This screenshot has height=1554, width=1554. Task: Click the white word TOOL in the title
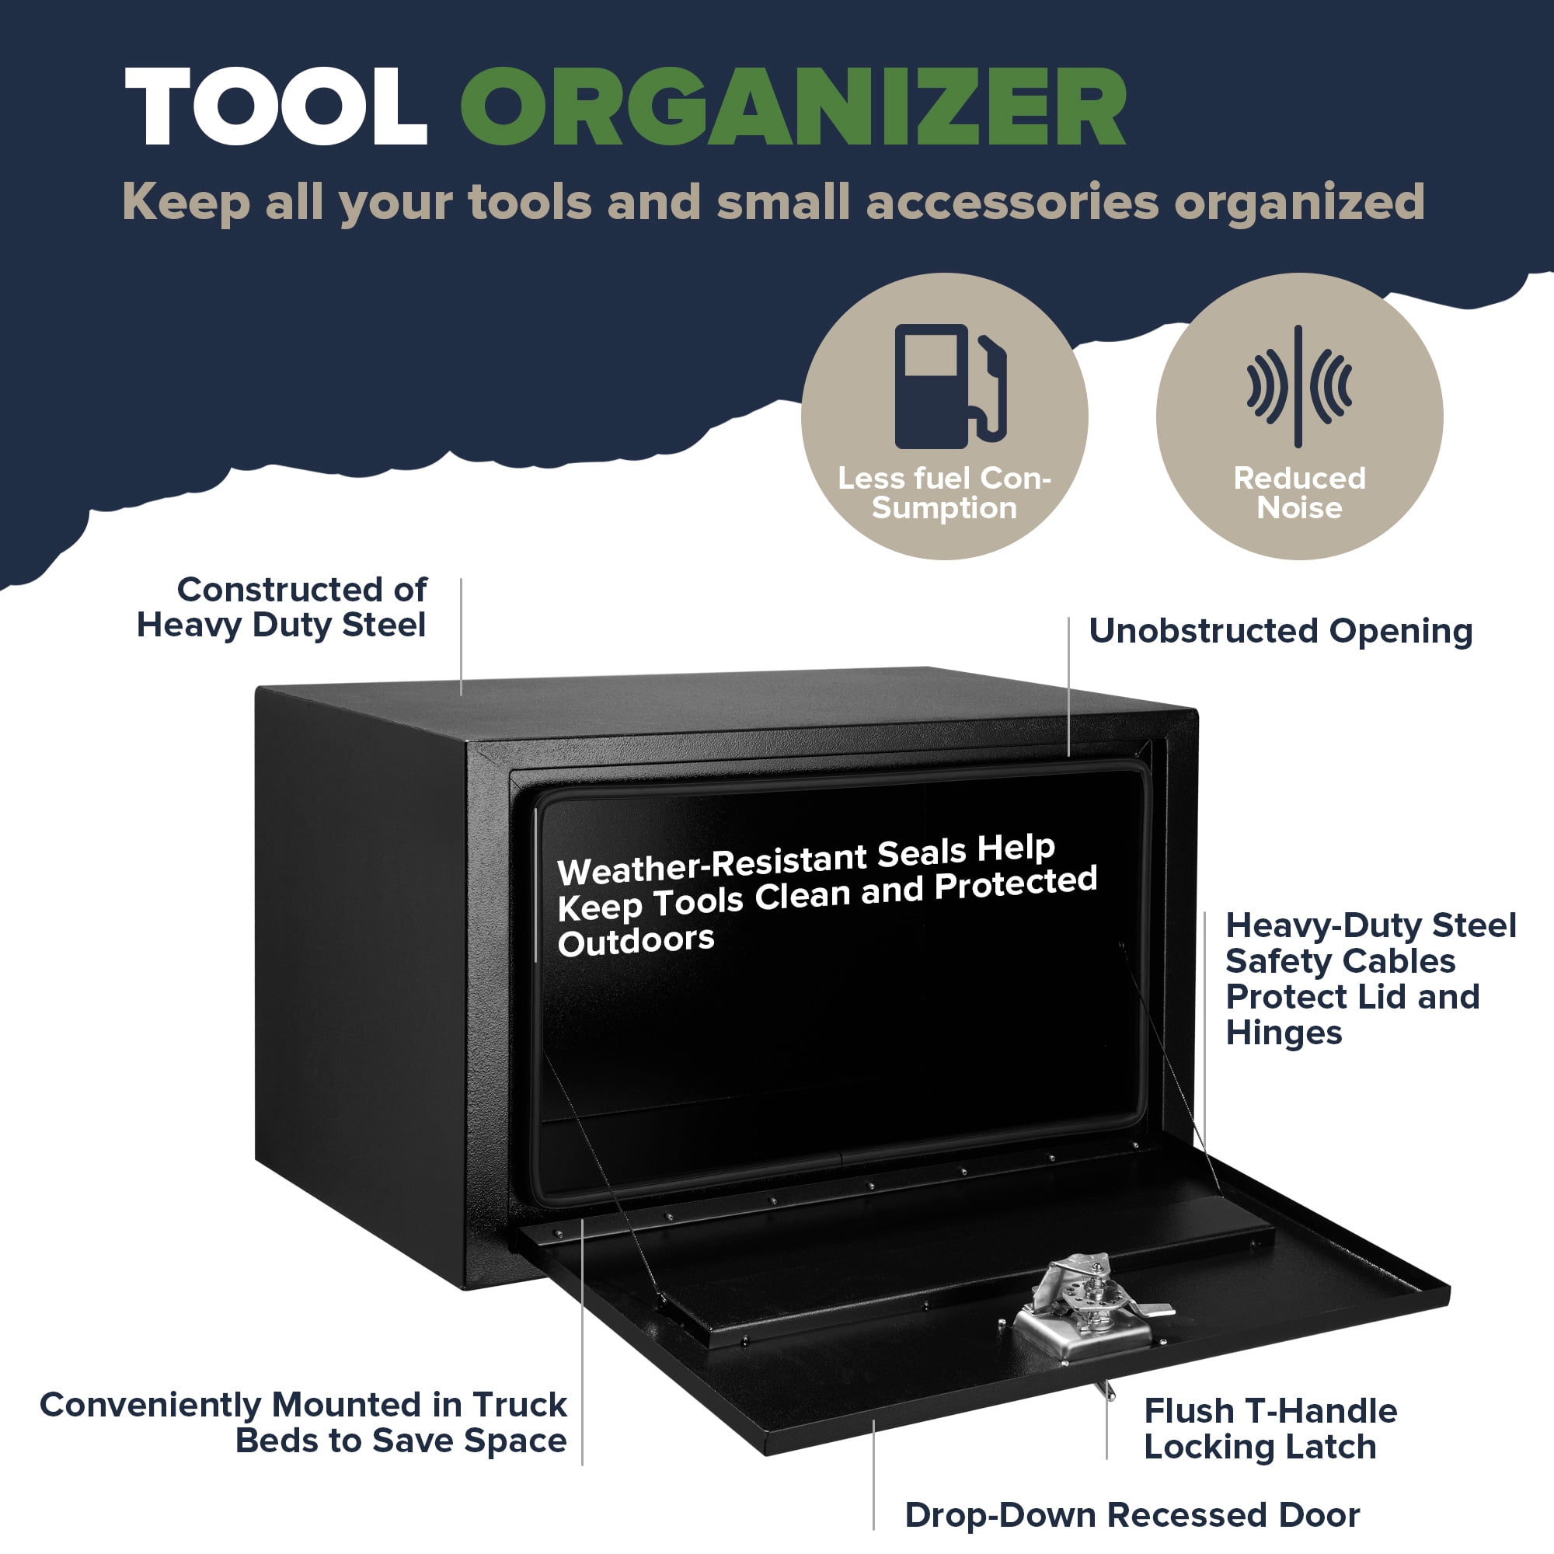coord(276,106)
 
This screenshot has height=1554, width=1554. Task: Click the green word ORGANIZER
coord(793,106)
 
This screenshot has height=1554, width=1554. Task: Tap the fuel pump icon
coord(950,386)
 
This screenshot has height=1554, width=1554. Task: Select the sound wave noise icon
coord(1299,386)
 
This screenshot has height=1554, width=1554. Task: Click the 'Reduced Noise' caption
coord(1300,493)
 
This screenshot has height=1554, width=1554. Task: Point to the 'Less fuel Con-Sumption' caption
coord(944,493)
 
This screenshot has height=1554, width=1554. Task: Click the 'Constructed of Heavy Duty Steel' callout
coord(281,608)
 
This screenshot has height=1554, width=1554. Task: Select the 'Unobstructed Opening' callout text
coord(1280,631)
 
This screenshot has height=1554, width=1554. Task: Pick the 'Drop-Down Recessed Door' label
coord(1133,1514)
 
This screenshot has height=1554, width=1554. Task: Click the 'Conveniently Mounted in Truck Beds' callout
coord(303,1422)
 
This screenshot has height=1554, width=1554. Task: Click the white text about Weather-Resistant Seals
coord(827,895)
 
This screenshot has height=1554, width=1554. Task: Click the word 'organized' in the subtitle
coord(1300,203)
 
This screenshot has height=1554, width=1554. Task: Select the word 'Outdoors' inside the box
coord(636,941)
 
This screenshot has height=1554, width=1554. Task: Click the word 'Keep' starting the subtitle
coord(186,203)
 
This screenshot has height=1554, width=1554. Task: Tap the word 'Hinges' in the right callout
coord(1284,1033)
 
